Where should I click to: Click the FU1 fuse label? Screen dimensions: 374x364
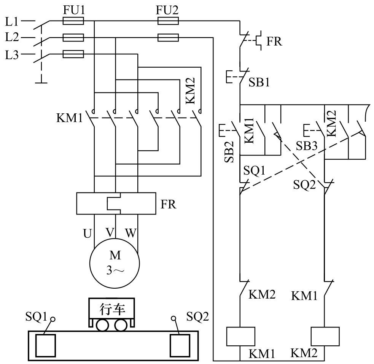tap(74, 10)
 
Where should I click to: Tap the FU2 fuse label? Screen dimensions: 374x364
tap(167, 10)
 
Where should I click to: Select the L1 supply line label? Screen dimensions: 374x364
tap(12, 22)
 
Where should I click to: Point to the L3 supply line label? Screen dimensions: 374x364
tap(12, 55)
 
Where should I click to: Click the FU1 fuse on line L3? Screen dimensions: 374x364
tap(73, 54)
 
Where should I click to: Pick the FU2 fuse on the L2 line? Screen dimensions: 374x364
tap(168, 37)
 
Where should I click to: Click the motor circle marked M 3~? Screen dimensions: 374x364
tap(115, 263)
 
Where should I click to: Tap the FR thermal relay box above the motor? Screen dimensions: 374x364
tap(116, 203)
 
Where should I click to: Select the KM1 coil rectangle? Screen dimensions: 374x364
tap(241, 336)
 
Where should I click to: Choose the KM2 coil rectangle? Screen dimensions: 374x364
tap(325, 336)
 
